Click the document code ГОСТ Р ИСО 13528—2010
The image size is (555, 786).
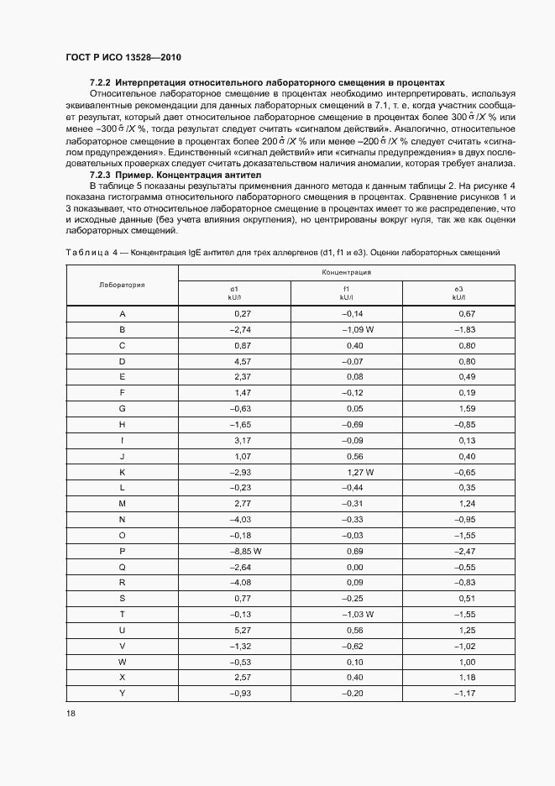[123, 57]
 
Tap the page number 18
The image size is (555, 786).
[70, 712]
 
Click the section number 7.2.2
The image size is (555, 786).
[100, 83]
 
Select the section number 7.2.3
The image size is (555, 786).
[100, 175]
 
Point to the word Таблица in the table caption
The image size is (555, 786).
[86, 252]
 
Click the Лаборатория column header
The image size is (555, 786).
[122, 285]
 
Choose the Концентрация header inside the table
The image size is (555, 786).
[346, 273]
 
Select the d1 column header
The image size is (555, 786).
[234, 292]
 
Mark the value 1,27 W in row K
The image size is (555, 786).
[359, 472]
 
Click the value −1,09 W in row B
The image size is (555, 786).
[357, 330]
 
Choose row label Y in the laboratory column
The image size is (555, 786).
[123, 692]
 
